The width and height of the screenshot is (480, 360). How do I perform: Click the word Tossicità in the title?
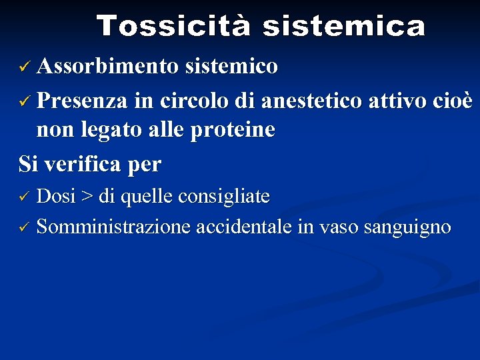point(173,27)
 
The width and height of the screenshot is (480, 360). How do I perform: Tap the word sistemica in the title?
point(343,27)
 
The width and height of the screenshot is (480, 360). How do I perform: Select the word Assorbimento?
point(107,67)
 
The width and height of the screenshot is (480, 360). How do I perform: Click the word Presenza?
point(83,101)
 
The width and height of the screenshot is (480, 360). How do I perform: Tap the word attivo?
point(397,101)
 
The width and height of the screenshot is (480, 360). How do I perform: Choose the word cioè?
point(453,101)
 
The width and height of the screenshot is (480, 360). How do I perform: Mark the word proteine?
point(233,130)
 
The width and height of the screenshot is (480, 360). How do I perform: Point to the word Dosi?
point(56,196)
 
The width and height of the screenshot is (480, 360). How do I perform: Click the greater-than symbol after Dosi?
point(87,197)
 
